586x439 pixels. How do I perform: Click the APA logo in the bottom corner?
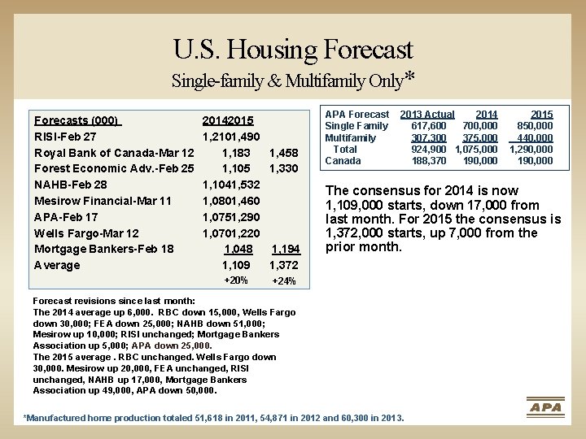(x=545, y=407)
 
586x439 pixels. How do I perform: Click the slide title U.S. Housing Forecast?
(x=293, y=50)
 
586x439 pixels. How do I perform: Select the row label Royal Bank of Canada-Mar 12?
(x=114, y=153)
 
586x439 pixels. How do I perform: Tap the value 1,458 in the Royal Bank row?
(x=284, y=153)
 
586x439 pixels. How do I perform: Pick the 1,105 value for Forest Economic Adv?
(x=236, y=168)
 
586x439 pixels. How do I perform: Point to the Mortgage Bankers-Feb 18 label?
(x=104, y=249)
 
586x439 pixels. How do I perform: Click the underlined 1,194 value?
(x=286, y=249)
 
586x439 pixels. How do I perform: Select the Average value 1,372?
(x=284, y=265)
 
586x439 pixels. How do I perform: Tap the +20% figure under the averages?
(x=236, y=280)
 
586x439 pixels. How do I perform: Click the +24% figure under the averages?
(x=284, y=280)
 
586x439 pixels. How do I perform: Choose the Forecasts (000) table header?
(x=78, y=120)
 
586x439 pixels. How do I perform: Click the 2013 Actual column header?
(x=427, y=115)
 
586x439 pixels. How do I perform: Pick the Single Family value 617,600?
(x=429, y=126)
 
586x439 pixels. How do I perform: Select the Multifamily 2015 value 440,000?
(x=535, y=137)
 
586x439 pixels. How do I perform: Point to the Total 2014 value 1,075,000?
(x=476, y=150)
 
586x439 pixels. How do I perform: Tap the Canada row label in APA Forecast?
(x=343, y=161)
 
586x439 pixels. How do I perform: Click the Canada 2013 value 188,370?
(x=429, y=161)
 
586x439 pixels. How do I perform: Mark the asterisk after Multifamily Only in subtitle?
(x=409, y=76)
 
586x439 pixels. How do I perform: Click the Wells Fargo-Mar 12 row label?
(x=86, y=233)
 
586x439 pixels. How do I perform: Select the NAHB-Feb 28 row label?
(x=70, y=185)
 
